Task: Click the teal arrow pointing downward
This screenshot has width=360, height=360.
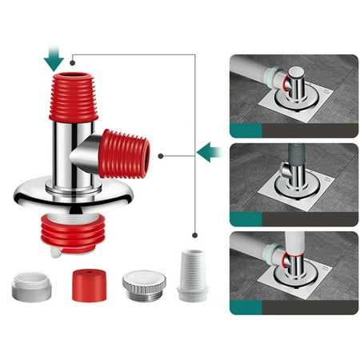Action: pos(54,57)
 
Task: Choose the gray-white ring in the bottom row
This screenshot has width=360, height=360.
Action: pos(32,286)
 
